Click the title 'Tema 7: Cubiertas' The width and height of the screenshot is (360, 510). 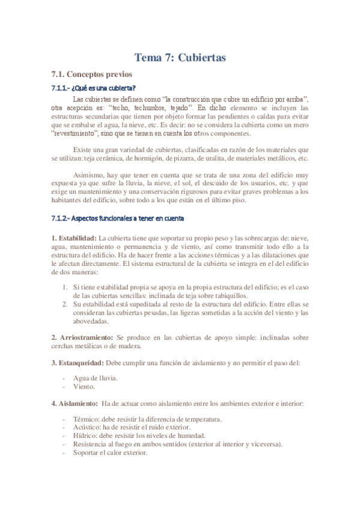click(x=180, y=58)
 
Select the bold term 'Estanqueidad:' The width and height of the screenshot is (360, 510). click(x=78, y=363)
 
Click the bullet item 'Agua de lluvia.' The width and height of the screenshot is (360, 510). click(x=95, y=378)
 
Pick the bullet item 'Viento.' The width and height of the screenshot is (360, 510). click(x=84, y=387)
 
